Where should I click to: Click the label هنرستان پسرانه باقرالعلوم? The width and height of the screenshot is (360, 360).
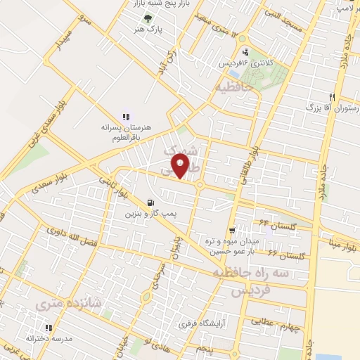(124, 132)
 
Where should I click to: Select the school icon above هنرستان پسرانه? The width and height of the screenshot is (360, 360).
(126, 117)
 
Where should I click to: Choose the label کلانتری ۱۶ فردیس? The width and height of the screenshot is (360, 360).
(250, 63)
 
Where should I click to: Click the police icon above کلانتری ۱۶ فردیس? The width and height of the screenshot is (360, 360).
(245, 51)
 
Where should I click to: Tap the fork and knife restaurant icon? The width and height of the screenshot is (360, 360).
(332, 97)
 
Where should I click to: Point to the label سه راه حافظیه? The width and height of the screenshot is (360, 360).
(262, 274)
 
